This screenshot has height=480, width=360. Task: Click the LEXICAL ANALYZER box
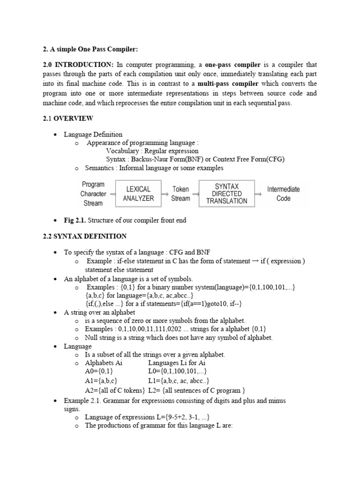point(138,194)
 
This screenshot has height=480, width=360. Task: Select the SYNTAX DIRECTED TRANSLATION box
point(227,194)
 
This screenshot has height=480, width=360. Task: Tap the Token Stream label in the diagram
point(180,194)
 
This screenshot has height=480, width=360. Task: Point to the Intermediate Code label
point(283,194)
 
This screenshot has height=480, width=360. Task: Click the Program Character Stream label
point(93,194)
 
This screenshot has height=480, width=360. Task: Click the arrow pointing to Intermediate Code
point(258,194)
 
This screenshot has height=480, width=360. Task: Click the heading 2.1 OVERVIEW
point(67,118)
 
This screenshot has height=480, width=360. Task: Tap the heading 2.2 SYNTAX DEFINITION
point(84,236)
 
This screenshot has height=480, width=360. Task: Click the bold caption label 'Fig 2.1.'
point(75,220)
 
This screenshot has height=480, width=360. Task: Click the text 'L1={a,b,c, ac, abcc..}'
point(179,381)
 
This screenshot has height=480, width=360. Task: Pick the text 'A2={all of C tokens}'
point(115,390)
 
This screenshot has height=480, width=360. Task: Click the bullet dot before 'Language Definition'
point(55,135)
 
